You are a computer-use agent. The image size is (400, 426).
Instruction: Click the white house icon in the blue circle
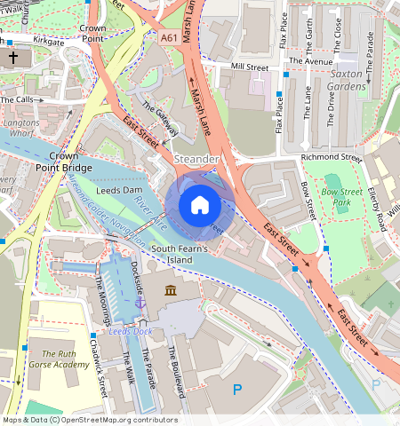click(x=200, y=205)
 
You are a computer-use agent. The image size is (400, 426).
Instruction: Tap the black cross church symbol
click(x=12, y=58)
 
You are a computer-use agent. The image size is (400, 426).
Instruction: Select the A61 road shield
click(x=169, y=38)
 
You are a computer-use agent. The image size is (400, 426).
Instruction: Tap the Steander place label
click(x=196, y=159)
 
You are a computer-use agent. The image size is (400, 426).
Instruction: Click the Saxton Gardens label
click(x=348, y=80)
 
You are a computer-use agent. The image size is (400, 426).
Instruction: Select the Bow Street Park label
click(x=342, y=197)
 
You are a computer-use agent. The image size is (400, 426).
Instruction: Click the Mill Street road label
click(x=249, y=67)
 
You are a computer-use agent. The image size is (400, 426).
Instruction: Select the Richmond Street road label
click(x=332, y=158)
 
